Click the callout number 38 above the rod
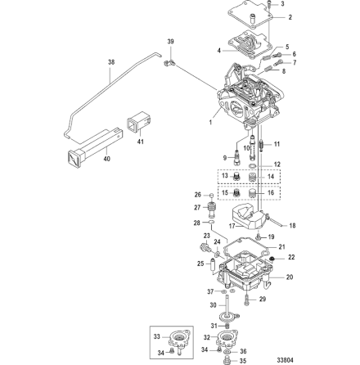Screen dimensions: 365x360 point(111,61)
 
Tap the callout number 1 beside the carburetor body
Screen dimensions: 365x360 point(211,124)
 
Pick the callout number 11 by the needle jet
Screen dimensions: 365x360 point(277,142)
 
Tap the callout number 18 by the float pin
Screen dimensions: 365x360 point(293,223)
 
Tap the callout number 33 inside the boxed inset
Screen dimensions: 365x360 point(157,336)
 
